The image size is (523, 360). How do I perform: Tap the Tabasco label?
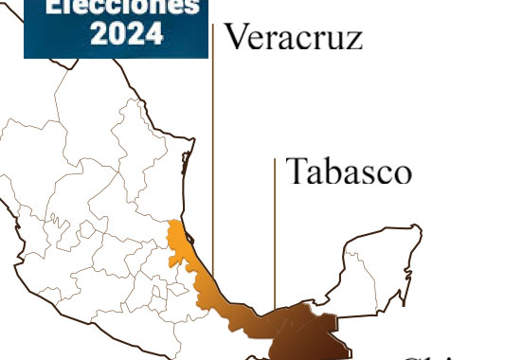point(349,171)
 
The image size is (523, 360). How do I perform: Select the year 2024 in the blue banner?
point(125,33)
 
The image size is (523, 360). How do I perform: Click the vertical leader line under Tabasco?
point(275,237)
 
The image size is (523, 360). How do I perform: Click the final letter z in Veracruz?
point(353,41)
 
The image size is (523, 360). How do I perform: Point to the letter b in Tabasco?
point(334,171)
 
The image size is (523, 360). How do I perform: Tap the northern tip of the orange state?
point(171,225)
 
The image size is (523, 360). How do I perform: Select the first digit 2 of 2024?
point(98,33)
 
